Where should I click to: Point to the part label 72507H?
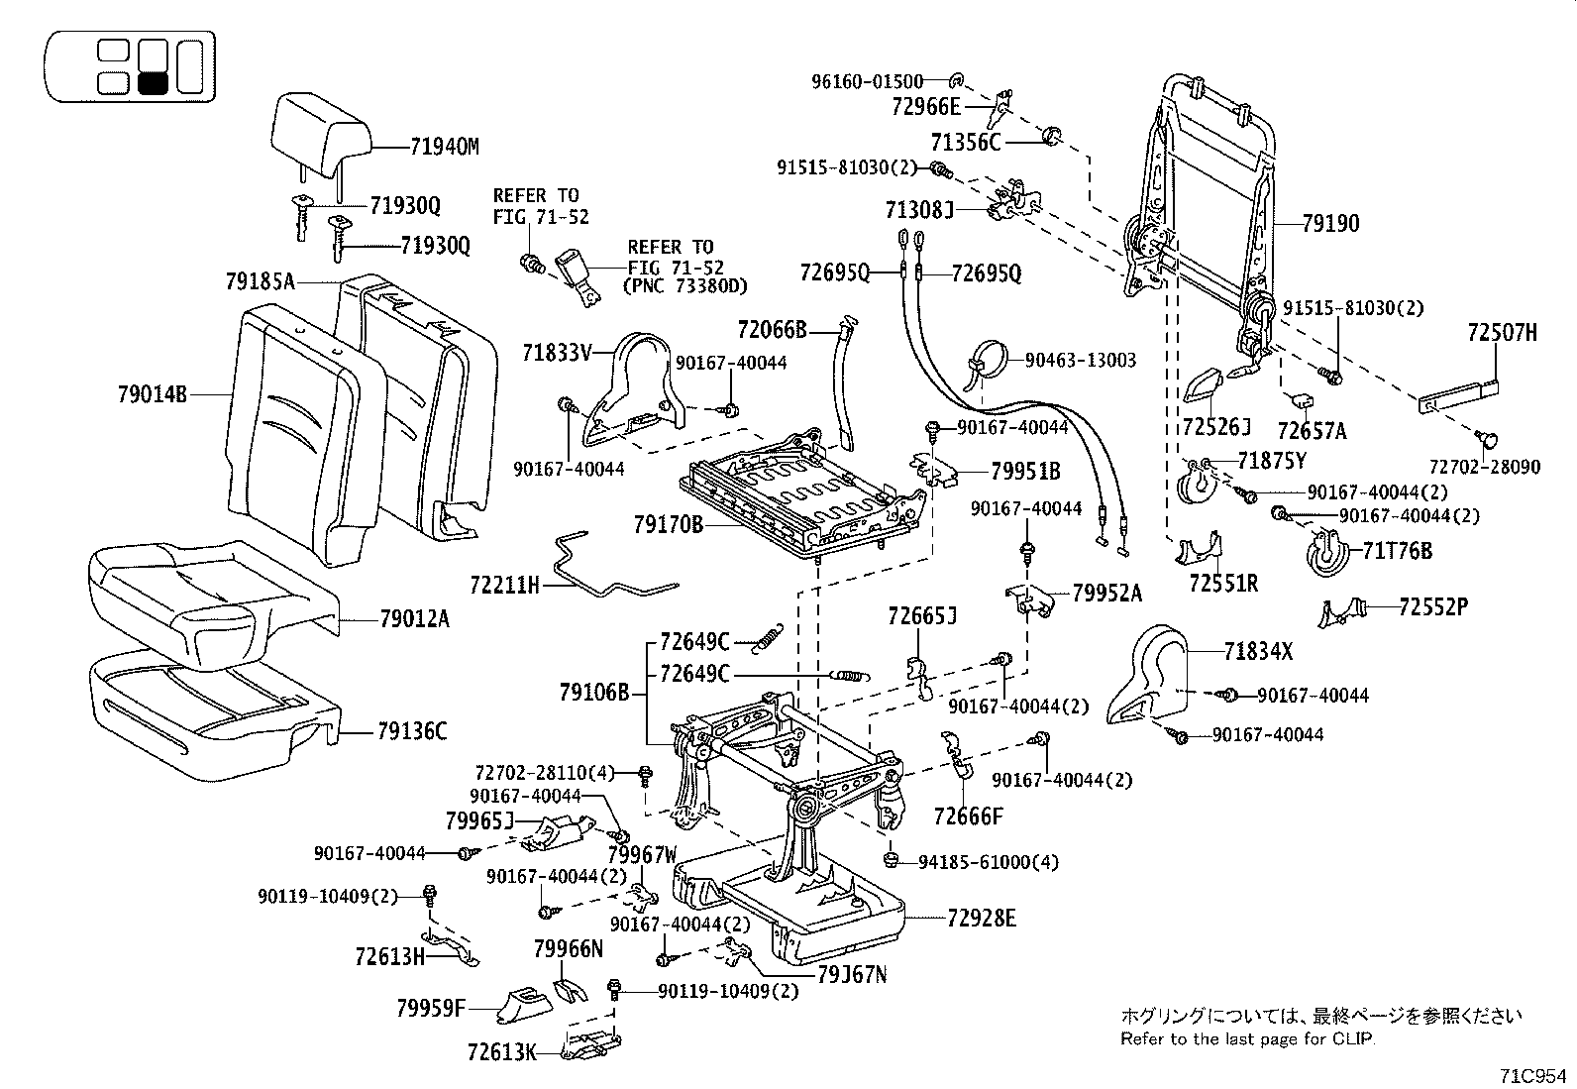[x=1502, y=334]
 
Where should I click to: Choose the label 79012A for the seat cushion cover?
[x=414, y=619]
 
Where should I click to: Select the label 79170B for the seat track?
[x=668, y=523]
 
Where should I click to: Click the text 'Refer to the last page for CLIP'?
[x=1248, y=1038]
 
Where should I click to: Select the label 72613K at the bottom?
[x=501, y=1052]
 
